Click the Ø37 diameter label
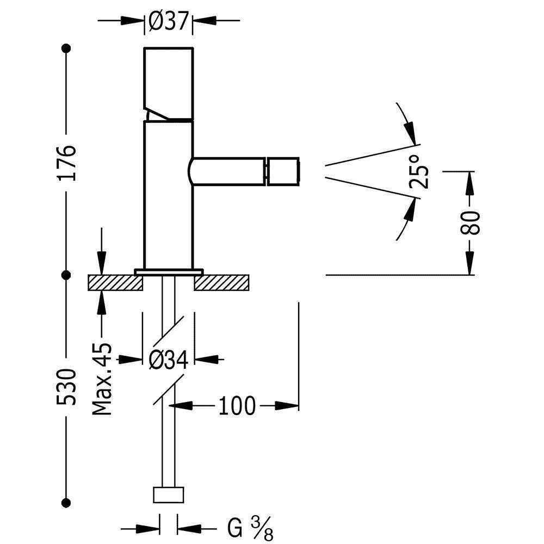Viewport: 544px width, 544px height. [168, 22]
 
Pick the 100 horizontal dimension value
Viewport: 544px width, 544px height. [237, 406]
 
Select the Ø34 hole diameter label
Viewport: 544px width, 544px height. [168, 359]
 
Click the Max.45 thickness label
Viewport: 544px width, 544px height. [102, 379]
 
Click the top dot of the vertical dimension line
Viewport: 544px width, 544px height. [66, 48]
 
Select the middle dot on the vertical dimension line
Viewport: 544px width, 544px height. [66, 275]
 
